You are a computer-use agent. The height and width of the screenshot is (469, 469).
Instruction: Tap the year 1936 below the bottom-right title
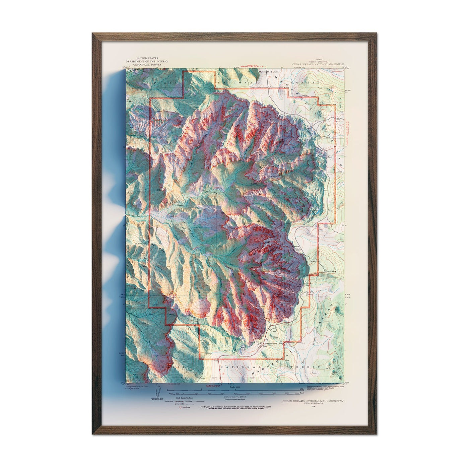coord(314,406)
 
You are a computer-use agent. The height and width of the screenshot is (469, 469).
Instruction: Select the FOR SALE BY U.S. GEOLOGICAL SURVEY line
coord(234,407)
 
